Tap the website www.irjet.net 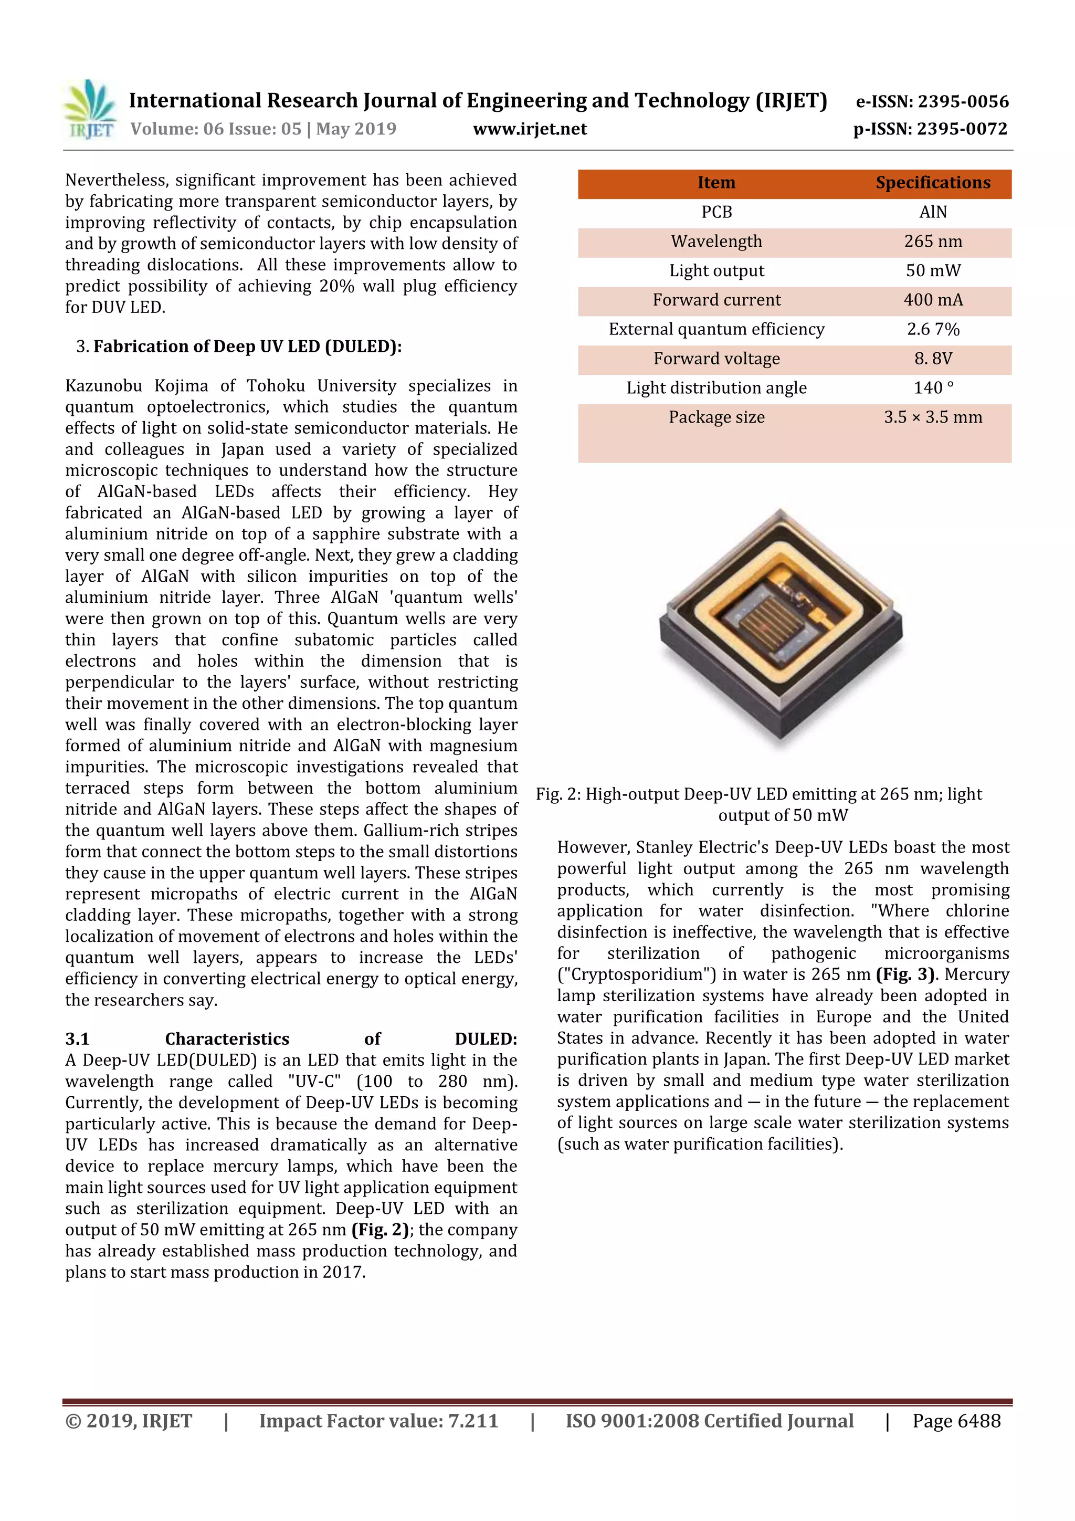point(529,129)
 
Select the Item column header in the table point(716,183)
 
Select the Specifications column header point(933,183)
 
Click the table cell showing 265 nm point(933,242)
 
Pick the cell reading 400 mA point(933,300)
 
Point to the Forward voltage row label point(716,359)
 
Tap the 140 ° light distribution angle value point(933,388)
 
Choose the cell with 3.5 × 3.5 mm point(933,417)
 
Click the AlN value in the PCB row point(933,212)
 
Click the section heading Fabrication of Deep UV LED point(247,347)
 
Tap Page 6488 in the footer point(956,1421)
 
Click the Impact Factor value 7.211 point(473,1421)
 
